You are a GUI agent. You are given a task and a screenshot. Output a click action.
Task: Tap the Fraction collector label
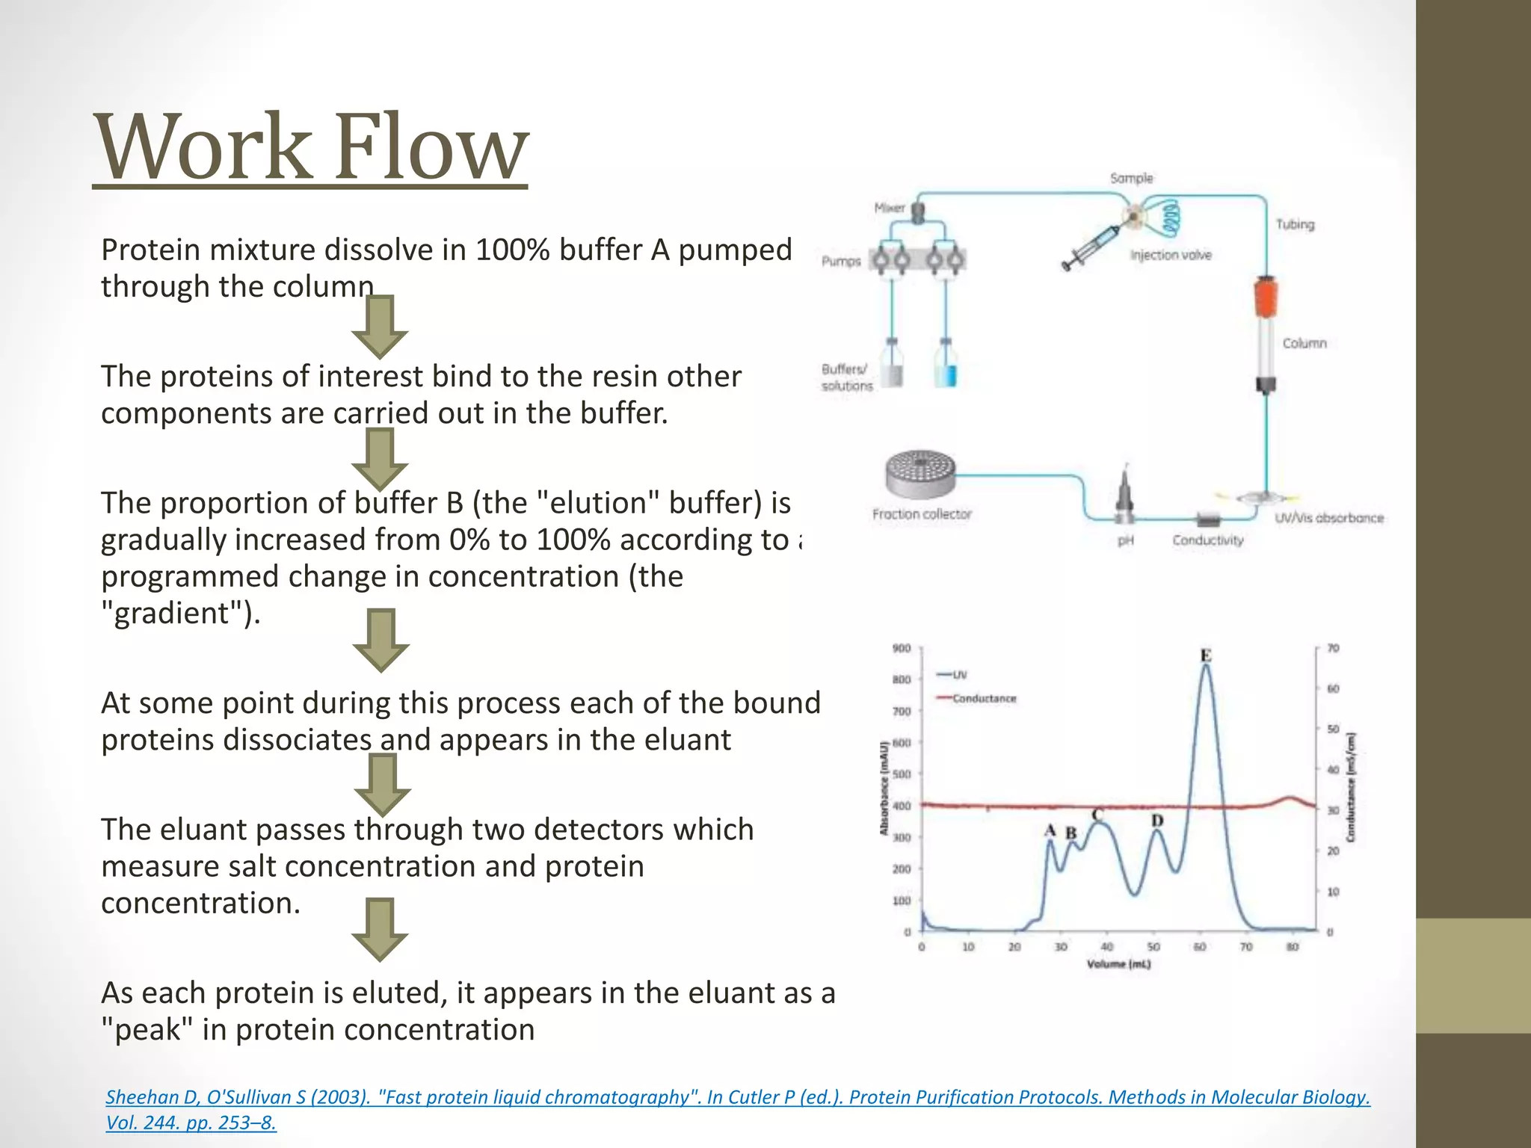tap(922, 514)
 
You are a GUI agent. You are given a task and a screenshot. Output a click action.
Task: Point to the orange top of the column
tap(1266, 297)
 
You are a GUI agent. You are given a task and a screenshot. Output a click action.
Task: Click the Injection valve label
tap(1171, 255)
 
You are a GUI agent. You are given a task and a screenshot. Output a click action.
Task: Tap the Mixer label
tap(890, 208)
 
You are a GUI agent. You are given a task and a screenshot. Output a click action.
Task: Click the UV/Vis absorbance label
tap(1329, 518)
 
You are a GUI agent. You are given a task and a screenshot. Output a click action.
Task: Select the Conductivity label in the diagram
tap(1207, 540)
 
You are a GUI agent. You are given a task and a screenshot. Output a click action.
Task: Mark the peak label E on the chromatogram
tap(1206, 655)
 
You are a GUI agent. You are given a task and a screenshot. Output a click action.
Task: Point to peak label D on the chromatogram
tap(1157, 821)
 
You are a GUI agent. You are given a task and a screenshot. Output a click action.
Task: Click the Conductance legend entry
tap(984, 698)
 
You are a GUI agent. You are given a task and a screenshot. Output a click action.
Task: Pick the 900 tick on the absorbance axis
tap(902, 648)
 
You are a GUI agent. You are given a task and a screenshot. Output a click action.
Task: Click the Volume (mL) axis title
tap(1118, 964)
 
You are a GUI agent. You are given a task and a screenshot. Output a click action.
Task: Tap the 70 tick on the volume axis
tap(1246, 947)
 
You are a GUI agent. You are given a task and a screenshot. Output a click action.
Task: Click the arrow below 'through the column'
tap(380, 327)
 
